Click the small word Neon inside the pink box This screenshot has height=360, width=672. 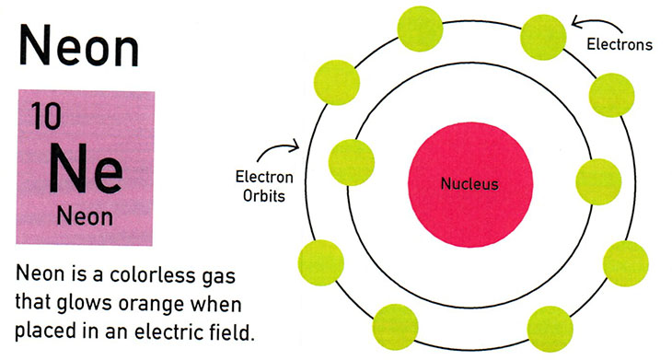(85, 217)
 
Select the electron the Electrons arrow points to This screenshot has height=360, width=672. (544, 33)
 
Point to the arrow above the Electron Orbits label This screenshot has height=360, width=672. (287, 148)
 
